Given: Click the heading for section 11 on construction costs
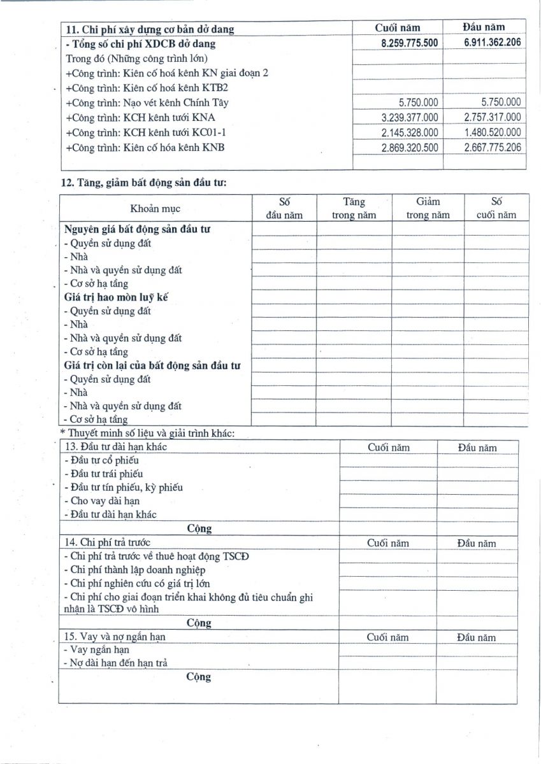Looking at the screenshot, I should point(150,29).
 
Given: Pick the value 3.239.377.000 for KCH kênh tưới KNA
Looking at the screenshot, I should point(409,118).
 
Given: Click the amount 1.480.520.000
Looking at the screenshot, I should point(492,132).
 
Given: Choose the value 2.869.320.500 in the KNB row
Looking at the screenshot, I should point(409,148).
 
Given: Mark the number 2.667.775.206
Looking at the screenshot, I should point(492,148).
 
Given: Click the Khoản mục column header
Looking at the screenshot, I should point(155,209).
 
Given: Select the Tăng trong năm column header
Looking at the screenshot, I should point(354,209).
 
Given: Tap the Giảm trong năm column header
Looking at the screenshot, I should point(428,209).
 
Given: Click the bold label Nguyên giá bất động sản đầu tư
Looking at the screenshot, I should point(138,229).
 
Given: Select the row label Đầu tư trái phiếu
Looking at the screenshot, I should point(104,474).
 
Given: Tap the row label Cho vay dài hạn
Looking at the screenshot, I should point(101,501).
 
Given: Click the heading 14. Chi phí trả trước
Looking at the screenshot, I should point(106,543).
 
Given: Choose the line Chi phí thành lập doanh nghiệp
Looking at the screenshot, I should point(134,570).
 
